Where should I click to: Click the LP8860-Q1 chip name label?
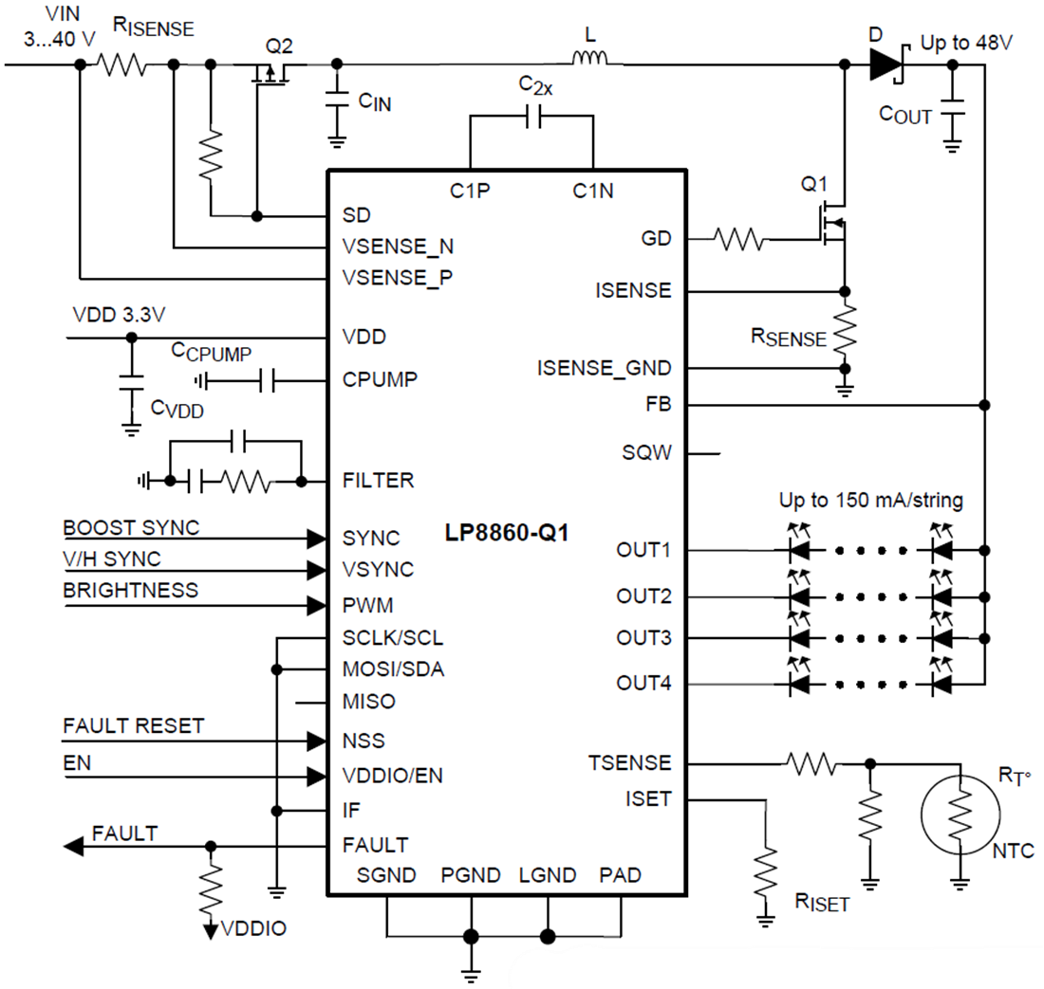pyautogui.click(x=507, y=533)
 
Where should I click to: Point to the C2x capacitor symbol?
pyautogui.click(x=531, y=117)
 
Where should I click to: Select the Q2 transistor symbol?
pyautogui.click(x=272, y=74)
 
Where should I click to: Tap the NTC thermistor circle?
pyautogui.click(x=960, y=812)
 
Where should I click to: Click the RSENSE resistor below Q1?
pyautogui.click(x=844, y=327)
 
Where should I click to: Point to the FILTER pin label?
pyautogui.click(x=378, y=481)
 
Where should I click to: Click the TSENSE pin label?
pyautogui.click(x=629, y=763)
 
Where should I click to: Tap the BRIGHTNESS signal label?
pyautogui.click(x=131, y=590)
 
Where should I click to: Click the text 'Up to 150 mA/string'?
pyautogui.click(x=870, y=501)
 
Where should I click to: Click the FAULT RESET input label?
pyautogui.click(x=133, y=726)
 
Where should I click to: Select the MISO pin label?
pyautogui.click(x=369, y=703)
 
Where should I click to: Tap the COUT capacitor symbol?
pyautogui.click(x=953, y=106)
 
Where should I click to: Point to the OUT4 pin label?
pyautogui.click(x=643, y=683)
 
